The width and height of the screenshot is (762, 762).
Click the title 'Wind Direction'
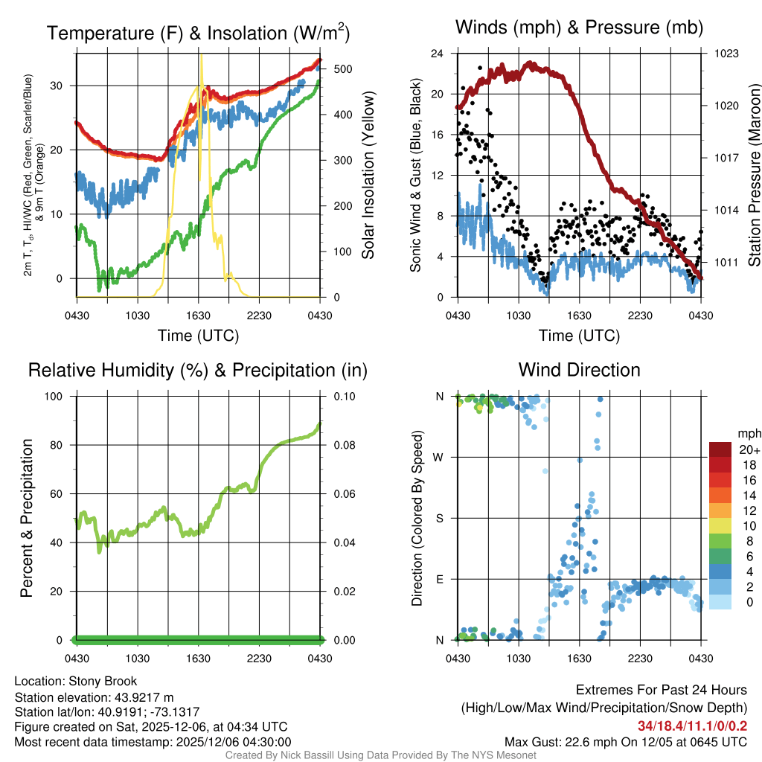[579, 370]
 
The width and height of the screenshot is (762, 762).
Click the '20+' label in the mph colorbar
[749, 450]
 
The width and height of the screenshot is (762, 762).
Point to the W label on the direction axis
[441, 457]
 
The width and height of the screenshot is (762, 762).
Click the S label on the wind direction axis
[441, 518]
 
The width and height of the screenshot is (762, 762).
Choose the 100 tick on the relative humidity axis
[63, 397]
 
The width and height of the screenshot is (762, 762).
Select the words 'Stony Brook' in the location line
[103, 681]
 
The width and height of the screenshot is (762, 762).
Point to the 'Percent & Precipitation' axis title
[27, 518]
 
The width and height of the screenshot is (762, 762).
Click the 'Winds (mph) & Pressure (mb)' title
[579, 28]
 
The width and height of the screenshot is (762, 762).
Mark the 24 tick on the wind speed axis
[438, 54]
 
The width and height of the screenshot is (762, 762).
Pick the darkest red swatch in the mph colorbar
[720, 449]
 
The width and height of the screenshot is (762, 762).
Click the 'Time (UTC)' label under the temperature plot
[198, 336]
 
